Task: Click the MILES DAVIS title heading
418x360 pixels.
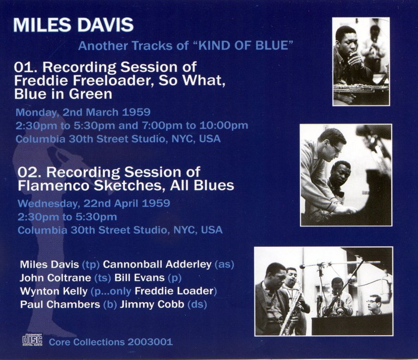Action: tap(73, 25)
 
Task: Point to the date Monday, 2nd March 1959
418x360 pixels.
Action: tap(83, 112)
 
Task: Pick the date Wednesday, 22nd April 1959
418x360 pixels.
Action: tap(94, 203)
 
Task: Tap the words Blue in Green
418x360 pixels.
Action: tap(63, 94)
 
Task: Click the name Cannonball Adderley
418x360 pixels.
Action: tap(157, 264)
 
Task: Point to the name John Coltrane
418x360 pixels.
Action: tap(55, 278)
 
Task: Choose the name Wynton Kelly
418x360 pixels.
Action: tap(54, 291)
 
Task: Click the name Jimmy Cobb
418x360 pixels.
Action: tap(152, 304)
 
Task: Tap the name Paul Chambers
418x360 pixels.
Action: tap(60, 304)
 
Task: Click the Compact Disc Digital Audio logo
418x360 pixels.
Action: tap(32, 340)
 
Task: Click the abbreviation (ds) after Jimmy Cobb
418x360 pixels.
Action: tap(197, 305)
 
